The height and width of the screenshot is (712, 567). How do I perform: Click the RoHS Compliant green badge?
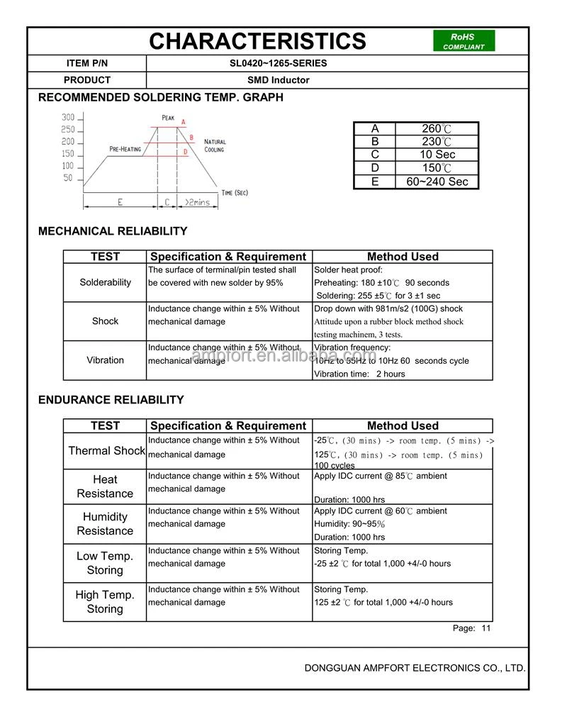click(464, 41)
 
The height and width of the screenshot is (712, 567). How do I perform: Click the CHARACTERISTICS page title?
click(257, 41)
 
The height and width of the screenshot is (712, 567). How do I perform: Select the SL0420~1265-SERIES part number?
click(278, 63)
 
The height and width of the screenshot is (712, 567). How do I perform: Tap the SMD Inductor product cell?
click(278, 80)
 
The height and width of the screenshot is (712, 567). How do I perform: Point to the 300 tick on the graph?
click(68, 118)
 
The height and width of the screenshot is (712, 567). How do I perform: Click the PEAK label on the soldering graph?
click(168, 117)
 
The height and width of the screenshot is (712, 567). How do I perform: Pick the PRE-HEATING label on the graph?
click(125, 149)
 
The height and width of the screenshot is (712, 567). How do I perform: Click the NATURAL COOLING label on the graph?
click(215, 146)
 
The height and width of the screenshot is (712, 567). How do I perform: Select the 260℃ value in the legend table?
click(437, 128)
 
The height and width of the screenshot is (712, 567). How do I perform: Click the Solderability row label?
click(105, 282)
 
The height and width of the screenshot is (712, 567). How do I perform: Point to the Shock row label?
click(105, 321)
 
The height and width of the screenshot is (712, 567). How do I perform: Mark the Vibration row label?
click(105, 360)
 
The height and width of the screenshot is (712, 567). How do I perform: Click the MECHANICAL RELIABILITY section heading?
click(113, 231)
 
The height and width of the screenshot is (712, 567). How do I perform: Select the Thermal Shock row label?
click(106, 451)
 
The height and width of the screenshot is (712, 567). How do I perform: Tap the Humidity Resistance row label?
click(105, 524)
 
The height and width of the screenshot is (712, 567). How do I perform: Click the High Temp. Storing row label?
click(105, 602)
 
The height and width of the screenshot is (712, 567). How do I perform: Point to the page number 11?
click(485, 628)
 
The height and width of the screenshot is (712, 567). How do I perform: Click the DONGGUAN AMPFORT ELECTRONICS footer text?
click(415, 668)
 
